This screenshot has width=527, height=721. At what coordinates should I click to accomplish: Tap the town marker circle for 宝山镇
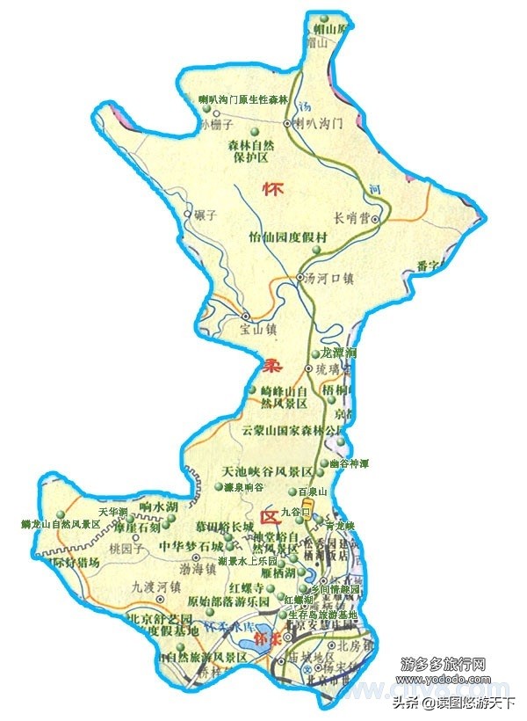(246, 317)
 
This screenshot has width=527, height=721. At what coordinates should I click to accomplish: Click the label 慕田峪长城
(226, 528)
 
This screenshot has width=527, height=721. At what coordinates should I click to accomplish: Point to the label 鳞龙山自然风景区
(61, 525)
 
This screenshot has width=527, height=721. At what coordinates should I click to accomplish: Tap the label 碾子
(216, 215)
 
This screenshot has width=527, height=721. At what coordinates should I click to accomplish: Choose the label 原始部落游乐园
(229, 601)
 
